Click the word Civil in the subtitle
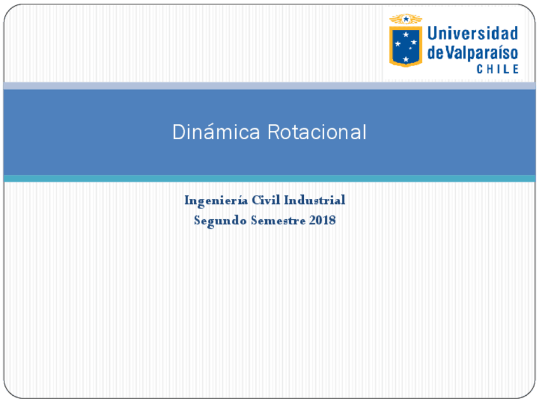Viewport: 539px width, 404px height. point(266,200)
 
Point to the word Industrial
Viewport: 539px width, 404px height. point(315,200)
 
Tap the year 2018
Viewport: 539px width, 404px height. point(323,221)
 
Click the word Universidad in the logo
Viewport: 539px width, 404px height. point(472,33)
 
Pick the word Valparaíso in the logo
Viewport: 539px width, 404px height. point(481,53)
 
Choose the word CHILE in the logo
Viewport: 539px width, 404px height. point(498,69)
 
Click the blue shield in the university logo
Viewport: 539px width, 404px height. point(406,46)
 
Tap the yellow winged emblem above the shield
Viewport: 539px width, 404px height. point(406,19)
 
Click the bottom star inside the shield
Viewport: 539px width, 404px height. point(406,59)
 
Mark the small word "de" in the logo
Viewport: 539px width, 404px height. point(434,53)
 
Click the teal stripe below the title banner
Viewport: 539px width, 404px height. point(269,178)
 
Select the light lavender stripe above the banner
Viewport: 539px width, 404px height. point(269,85)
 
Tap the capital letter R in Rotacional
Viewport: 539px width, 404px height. point(272,132)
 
